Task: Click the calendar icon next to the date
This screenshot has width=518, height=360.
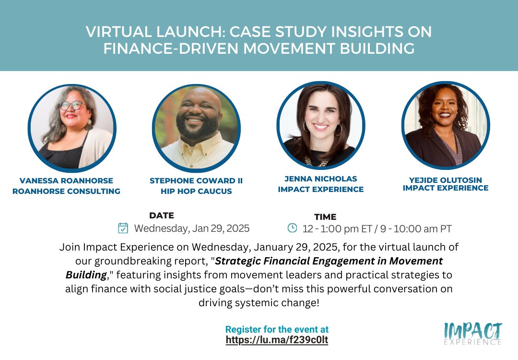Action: click(x=123, y=228)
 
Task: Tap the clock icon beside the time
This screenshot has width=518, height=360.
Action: click(x=292, y=228)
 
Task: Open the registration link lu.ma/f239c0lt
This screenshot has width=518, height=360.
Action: click(x=277, y=340)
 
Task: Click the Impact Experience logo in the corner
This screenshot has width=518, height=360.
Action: click(x=472, y=333)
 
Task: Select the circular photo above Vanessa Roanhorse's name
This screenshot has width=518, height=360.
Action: click(x=72, y=127)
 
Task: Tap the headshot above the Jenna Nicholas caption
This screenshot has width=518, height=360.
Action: click(x=321, y=125)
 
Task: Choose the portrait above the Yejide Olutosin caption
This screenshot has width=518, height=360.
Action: click(x=446, y=125)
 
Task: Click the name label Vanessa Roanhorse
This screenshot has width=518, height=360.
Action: click(x=66, y=181)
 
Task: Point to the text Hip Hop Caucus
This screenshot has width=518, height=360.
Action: click(x=196, y=191)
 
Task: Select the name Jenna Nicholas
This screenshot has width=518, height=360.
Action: click(x=321, y=179)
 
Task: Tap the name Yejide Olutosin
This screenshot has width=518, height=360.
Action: click(x=446, y=180)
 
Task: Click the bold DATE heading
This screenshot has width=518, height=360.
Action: click(x=162, y=216)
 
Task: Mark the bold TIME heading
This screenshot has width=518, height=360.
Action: click(x=325, y=216)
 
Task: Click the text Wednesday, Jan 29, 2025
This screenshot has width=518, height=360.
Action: click(x=192, y=228)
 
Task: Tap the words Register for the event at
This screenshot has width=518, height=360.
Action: click(x=277, y=330)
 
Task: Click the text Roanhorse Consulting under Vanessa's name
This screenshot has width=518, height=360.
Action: click(x=66, y=191)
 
